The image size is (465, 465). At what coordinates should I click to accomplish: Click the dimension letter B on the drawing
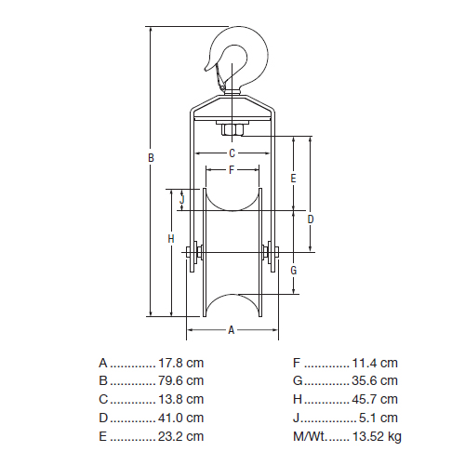coord(151,158)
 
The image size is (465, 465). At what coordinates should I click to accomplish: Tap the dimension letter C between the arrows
coord(232,153)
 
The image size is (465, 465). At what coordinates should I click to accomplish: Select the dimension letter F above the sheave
coord(232,170)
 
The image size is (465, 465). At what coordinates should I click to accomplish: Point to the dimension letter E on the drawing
coord(293,179)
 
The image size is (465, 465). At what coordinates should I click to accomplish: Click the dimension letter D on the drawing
coord(311,219)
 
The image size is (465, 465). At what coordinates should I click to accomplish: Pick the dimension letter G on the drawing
coord(294,271)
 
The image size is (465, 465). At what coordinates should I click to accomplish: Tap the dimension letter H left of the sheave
coord(171,239)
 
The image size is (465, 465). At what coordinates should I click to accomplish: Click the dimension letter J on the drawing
coord(182,199)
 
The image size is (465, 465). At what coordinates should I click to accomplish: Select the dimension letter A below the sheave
coord(232,330)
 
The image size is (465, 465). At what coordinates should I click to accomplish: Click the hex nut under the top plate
coord(232,130)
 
